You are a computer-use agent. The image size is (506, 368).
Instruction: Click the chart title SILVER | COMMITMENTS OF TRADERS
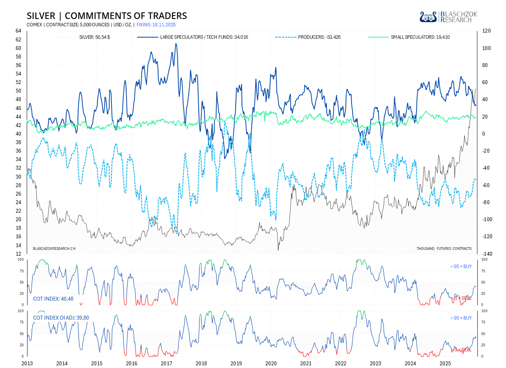point(107,16)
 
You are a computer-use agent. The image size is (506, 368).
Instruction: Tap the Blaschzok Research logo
point(448,17)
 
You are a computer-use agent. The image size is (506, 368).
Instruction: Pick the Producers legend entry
point(319,37)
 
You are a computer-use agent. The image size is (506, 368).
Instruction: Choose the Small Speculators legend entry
point(420,37)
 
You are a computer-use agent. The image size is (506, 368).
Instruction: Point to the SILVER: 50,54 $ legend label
point(94,37)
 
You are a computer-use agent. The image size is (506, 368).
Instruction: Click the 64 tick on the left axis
point(19,31)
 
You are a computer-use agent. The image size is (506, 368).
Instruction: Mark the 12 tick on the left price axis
point(19,254)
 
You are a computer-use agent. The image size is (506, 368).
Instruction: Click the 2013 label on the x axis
point(27,363)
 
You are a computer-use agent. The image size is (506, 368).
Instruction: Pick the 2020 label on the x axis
point(271,363)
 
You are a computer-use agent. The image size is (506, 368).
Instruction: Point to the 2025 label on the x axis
point(445,363)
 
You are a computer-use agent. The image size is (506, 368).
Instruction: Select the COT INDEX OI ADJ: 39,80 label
point(61,318)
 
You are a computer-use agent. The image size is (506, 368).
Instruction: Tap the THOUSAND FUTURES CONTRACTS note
point(444,248)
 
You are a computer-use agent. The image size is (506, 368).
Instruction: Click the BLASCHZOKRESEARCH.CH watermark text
point(54,248)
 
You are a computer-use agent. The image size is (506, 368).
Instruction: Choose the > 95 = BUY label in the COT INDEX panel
point(461,267)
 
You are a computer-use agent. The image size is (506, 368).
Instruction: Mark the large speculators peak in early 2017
point(176,44)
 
